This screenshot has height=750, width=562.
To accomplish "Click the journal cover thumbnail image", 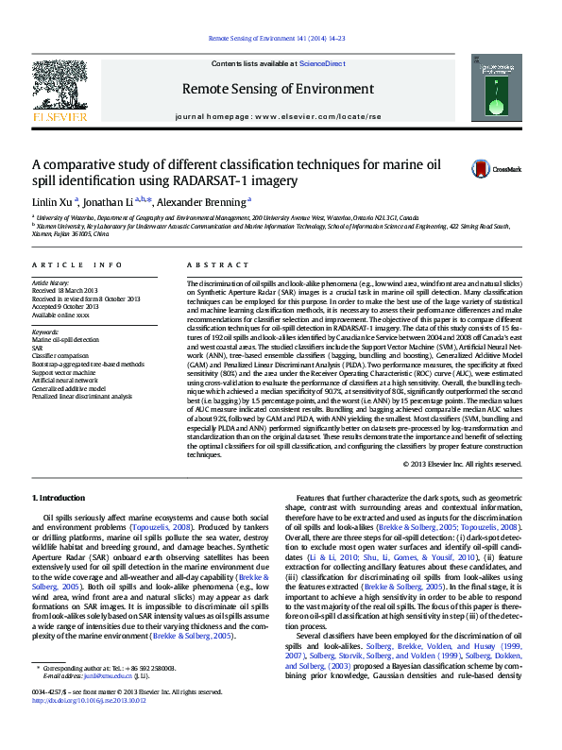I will [502, 91].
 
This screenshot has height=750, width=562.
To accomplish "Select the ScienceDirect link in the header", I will [321, 63].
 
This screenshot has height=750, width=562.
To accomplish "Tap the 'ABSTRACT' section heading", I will [213, 266].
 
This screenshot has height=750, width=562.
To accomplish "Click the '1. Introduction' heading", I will [59, 498].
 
